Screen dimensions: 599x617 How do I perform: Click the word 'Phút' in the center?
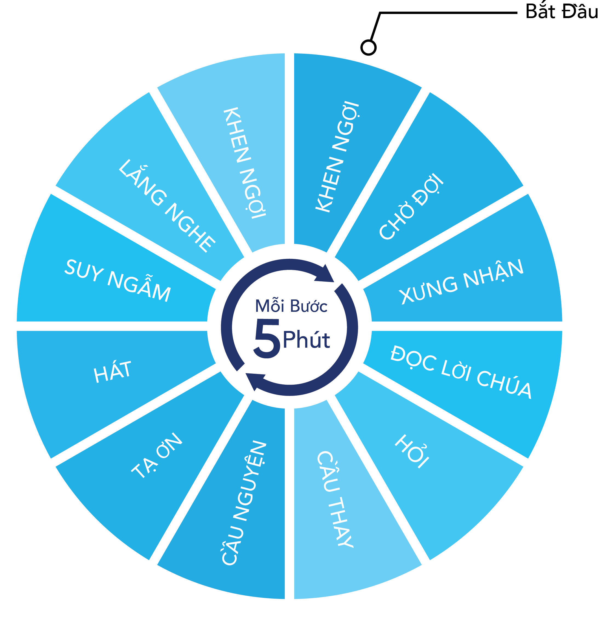[306, 339]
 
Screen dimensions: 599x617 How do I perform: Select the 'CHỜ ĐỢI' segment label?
[411, 206]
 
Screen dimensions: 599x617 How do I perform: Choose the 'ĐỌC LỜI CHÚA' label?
[461, 372]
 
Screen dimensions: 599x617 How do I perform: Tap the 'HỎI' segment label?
[412, 451]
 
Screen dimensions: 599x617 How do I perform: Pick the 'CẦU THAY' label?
[335, 499]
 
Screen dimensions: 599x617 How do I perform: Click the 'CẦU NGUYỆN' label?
[244, 502]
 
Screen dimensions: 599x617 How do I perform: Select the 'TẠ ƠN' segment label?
[156, 456]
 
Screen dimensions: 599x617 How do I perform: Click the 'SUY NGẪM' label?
[118, 280]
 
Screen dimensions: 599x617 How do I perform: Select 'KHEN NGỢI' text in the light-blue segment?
[245, 163]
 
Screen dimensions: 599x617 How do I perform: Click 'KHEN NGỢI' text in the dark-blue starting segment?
[337, 156]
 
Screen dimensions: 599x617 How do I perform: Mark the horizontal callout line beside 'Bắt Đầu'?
[449, 13]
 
